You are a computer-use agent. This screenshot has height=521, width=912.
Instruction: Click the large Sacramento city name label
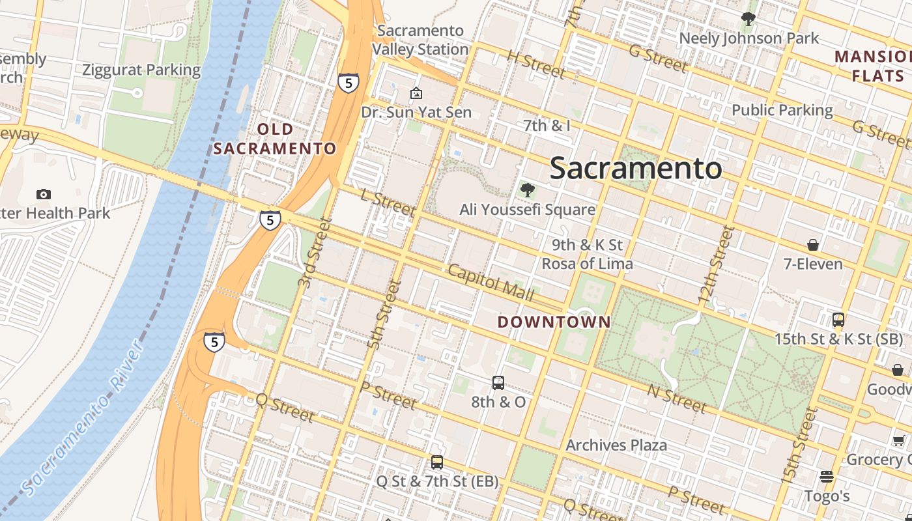click(x=636, y=169)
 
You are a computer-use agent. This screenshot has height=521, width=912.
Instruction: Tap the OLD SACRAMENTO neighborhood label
click(x=275, y=139)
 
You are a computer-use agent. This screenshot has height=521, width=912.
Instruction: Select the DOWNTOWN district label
click(x=554, y=322)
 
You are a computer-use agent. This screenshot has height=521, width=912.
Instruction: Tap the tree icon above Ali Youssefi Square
click(x=528, y=190)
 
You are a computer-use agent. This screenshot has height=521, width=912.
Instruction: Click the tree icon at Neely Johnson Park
click(x=748, y=19)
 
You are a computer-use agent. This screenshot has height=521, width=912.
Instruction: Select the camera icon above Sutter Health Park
click(x=44, y=194)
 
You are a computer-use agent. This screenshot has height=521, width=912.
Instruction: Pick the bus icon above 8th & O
click(x=498, y=383)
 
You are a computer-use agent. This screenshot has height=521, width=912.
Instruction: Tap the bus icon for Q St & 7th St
click(x=437, y=462)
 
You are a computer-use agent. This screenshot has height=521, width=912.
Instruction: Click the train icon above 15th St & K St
click(x=838, y=320)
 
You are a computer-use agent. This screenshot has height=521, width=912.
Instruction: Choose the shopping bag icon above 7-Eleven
click(x=813, y=245)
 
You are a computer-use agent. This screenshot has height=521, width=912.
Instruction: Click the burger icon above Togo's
click(x=827, y=477)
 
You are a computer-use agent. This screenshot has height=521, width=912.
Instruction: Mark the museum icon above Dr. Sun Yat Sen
click(x=416, y=94)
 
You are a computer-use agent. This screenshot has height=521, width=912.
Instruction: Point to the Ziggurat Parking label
click(x=141, y=70)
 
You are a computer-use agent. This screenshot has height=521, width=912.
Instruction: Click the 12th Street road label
click(x=715, y=264)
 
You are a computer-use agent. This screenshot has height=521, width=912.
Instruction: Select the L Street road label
click(x=388, y=203)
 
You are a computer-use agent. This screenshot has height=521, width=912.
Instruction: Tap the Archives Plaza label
click(x=616, y=445)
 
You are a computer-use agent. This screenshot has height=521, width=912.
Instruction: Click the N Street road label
click(x=677, y=398)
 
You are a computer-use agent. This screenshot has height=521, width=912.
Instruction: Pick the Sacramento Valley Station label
click(x=420, y=40)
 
